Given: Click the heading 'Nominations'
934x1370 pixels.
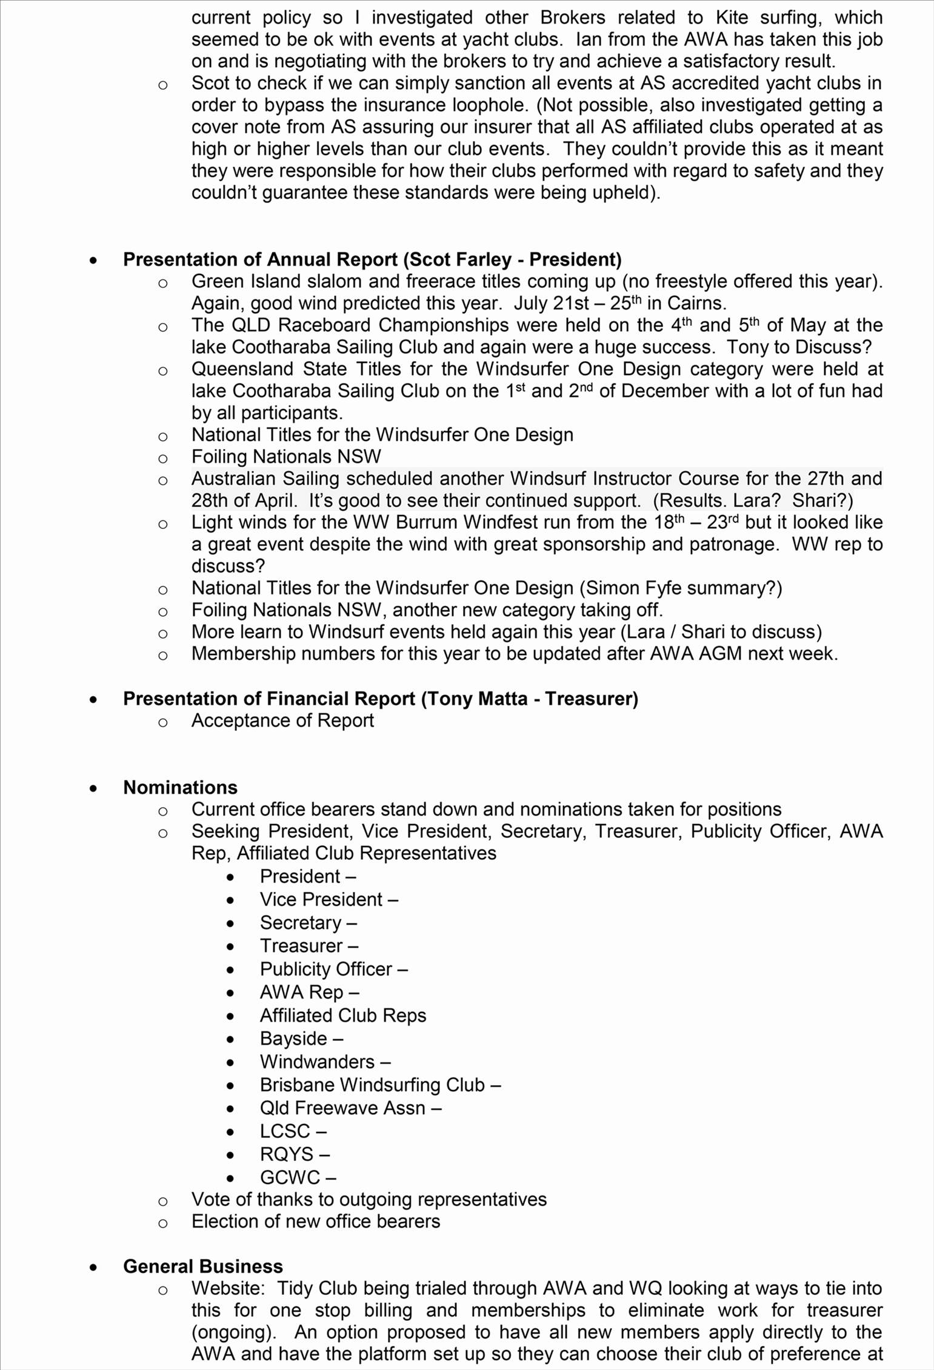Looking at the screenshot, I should click(180, 787).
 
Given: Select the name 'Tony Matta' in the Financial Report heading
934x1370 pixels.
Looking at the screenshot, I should click(477, 699).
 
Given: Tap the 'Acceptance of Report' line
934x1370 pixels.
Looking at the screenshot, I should click(282, 720).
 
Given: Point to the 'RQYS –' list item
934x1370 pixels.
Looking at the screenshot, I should click(295, 1154).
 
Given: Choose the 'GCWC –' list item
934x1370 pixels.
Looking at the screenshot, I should click(298, 1177).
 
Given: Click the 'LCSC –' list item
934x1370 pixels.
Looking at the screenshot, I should click(293, 1131).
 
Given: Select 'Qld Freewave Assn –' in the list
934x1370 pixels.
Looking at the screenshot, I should click(350, 1108).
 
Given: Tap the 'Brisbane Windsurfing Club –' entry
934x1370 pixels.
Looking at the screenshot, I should click(380, 1085).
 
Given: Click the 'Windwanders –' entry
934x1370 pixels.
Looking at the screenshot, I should click(325, 1062).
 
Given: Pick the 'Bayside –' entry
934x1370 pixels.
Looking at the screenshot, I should click(301, 1039).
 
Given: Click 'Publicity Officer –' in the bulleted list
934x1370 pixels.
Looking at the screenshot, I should click(333, 969).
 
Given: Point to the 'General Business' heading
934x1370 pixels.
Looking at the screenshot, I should click(202, 1266).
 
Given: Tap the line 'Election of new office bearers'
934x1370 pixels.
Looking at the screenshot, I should click(315, 1222).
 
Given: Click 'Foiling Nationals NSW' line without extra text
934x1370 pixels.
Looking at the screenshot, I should click(286, 457).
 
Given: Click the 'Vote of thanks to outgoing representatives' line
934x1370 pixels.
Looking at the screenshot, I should click(369, 1200).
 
